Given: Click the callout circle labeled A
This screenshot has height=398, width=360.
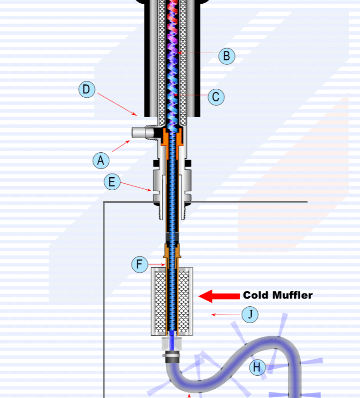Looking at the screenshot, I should point(101,161).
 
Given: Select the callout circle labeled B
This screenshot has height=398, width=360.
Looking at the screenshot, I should point(226,56).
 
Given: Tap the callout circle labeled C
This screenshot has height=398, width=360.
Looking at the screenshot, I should point(216,97).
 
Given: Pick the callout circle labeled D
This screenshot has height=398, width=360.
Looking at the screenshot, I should point(87,89).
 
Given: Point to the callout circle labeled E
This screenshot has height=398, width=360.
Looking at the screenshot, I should point(112,182).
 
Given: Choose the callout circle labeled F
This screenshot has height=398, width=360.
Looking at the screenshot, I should point(139,265).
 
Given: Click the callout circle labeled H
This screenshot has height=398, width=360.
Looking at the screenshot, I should point(257,368).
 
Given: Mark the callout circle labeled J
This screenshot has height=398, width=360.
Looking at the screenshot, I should point(250,315).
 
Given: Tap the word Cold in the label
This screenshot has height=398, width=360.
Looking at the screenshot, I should point(257,295).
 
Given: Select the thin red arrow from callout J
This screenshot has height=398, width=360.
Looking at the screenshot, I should point(227,315).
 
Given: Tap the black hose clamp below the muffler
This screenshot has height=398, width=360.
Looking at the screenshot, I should point(172,357).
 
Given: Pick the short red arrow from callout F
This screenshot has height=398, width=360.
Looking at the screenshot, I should point(156,265).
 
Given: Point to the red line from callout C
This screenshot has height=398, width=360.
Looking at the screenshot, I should point(192,96).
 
